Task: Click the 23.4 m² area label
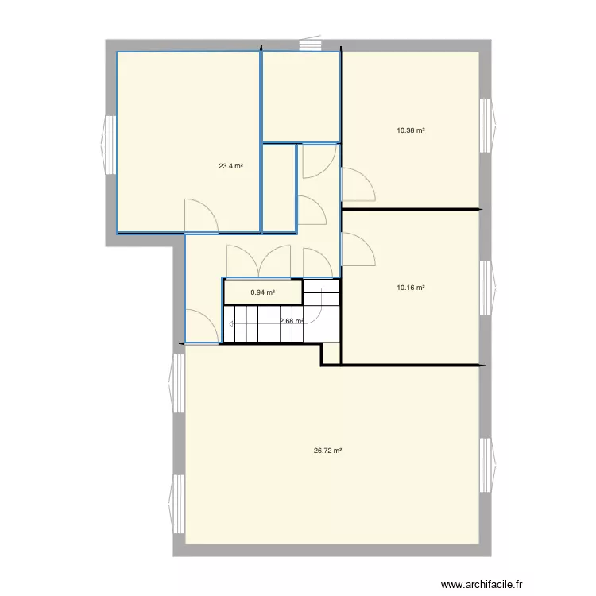[x=230, y=167]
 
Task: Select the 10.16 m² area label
[x=410, y=288]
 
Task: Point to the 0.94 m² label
[x=262, y=292]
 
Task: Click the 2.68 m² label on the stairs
[x=291, y=321]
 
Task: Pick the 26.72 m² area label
[x=327, y=451]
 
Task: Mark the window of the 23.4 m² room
[x=107, y=143]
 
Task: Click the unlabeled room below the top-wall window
[x=301, y=95]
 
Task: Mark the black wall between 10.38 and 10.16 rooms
[x=410, y=210]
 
